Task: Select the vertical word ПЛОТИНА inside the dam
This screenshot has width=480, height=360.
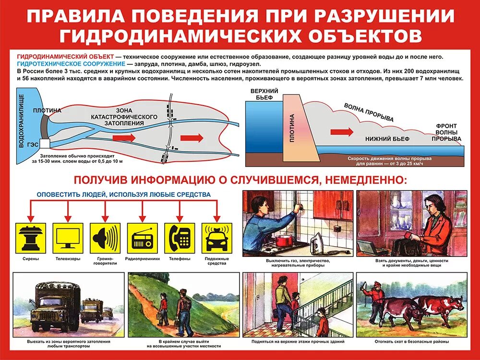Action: click(x=292, y=128)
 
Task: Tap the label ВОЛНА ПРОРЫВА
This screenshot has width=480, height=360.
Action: click(x=369, y=112)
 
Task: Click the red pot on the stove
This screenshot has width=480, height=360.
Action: click(x=285, y=239)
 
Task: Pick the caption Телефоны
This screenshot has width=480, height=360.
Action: click(x=180, y=259)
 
